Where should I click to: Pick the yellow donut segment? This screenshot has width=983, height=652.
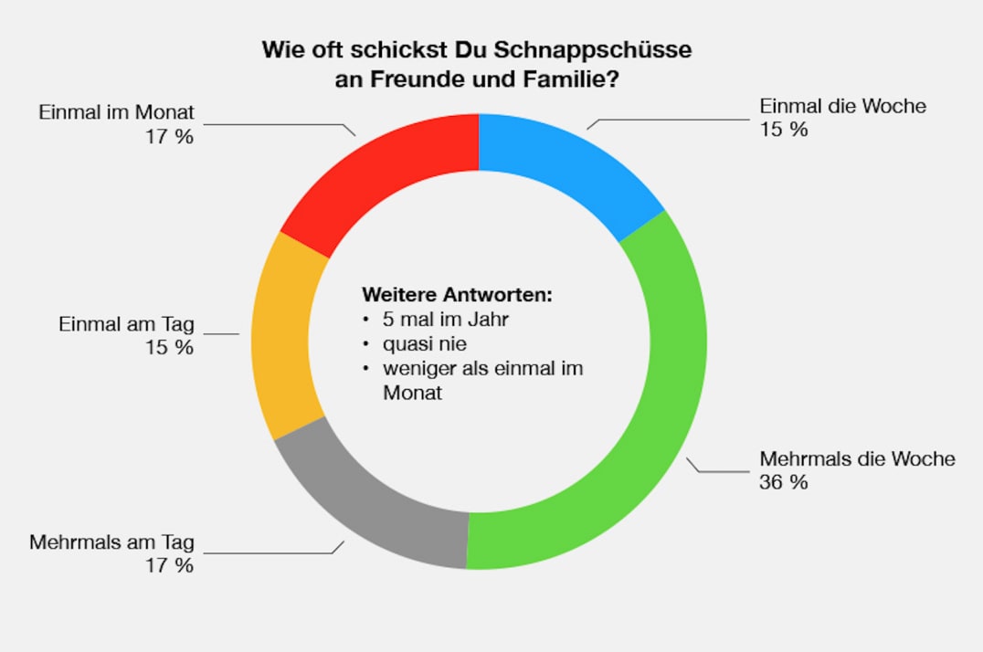[285, 338]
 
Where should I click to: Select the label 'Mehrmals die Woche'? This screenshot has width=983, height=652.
[857, 458]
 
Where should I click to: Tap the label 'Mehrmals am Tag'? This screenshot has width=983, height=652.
[111, 542]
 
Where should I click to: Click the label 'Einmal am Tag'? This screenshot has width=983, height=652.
[126, 324]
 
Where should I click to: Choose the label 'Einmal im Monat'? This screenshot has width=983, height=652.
[116, 113]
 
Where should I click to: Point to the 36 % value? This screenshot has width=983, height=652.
[783, 482]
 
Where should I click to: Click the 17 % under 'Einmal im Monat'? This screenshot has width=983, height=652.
[171, 136]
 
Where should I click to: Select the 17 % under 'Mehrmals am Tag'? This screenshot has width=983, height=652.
[171, 565]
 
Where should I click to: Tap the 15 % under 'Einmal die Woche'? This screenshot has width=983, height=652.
[783, 130]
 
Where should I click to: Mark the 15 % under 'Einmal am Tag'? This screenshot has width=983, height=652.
[171, 348]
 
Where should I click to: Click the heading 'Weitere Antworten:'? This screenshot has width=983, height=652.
[457, 295]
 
